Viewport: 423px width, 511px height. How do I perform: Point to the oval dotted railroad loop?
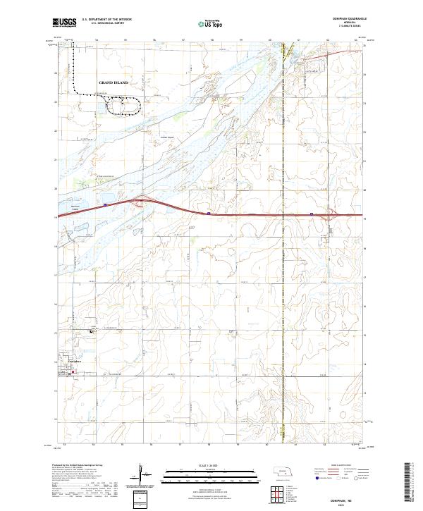pos(122,106)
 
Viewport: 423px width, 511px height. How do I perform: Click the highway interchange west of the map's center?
pos(144,201)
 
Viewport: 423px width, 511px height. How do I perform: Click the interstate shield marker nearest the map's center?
pos(209,213)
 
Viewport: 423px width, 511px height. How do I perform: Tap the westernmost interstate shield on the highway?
pos(104,205)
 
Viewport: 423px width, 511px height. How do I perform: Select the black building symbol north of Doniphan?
pos(90,331)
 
